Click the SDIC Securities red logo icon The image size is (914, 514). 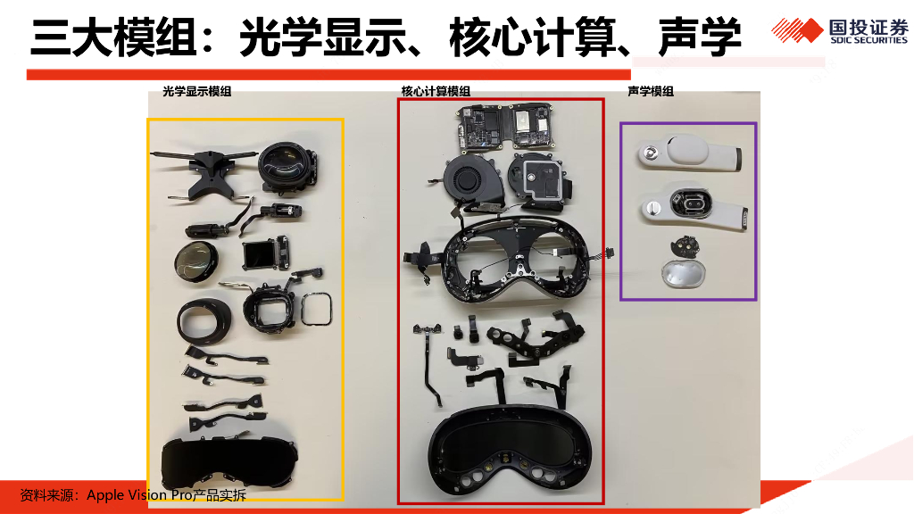pyautogui.click(x=797, y=29)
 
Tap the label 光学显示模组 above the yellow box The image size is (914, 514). pyautogui.click(x=197, y=92)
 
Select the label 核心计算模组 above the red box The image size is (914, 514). pyautogui.click(x=436, y=92)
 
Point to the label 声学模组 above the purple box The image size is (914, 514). pyautogui.click(x=651, y=92)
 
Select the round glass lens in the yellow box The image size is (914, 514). pyautogui.click(x=195, y=261)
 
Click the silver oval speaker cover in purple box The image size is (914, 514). pyautogui.click(x=683, y=273)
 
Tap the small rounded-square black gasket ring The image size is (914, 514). pyautogui.click(x=317, y=309)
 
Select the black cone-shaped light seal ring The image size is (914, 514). pyautogui.click(x=204, y=321)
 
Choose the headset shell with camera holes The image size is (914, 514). pyautogui.click(x=511, y=451)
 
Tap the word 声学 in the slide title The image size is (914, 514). pyautogui.click(x=700, y=37)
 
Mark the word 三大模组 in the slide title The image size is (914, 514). pyautogui.click(x=113, y=37)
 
